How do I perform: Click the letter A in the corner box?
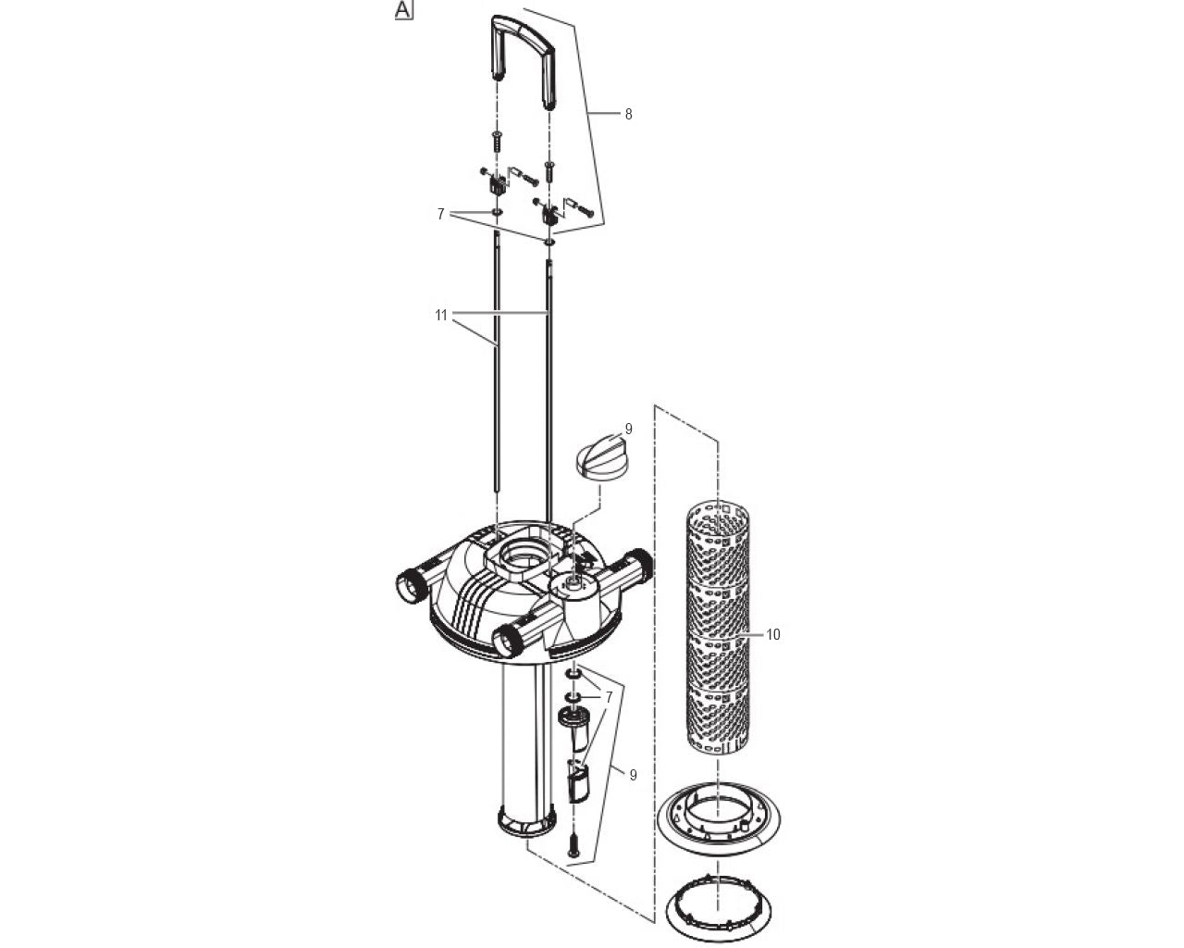click(403, 10)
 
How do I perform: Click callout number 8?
click(628, 115)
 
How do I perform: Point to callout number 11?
click(441, 316)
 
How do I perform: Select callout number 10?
click(773, 635)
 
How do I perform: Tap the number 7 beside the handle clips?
click(441, 214)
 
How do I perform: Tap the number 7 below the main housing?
click(609, 696)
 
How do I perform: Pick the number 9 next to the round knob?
click(628, 430)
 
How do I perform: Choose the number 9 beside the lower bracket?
click(633, 776)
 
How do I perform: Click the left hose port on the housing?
click(407, 585)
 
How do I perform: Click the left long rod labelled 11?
click(497, 370)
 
